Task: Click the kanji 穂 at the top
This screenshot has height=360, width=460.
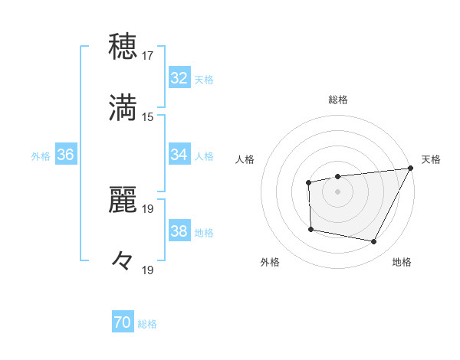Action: pyautogui.click(x=123, y=47)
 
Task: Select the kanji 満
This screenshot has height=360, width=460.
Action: pyautogui.click(x=123, y=108)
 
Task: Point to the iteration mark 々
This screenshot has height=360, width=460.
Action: pyautogui.click(x=123, y=261)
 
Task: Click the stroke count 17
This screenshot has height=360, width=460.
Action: pyautogui.click(x=148, y=55)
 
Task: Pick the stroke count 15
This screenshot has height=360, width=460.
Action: pyautogui.click(x=148, y=116)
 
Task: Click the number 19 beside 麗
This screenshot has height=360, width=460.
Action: pyautogui.click(x=148, y=208)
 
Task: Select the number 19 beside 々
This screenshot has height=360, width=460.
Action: pyautogui.click(x=148, y=270)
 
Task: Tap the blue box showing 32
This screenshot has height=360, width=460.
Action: pyautogui.click(x=179, y=78)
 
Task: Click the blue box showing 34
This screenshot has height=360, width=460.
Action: pyautogui.click(x=179, y=155)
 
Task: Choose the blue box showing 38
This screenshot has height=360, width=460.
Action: pyautogui.click(x=179, y=231)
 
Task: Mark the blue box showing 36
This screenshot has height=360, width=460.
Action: pyautogui.click(x=65, y=155)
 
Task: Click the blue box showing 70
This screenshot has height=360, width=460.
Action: pyautogui.click(x=123, y=323)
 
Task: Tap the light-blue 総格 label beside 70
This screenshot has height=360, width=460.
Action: pyautogui.click(x=147, y=325)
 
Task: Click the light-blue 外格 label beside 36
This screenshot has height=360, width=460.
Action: pyautogui.click(x=41, y=156)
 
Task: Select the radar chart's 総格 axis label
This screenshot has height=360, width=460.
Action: pyautogui.click(x=337, y=100)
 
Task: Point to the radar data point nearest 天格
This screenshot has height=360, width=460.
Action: pyautogui.click(x=410, y=168)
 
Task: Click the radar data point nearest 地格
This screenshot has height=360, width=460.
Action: pyautogui.click(x=374, y=242)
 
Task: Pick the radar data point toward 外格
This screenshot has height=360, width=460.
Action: pyautogui.click(x=310, y=229)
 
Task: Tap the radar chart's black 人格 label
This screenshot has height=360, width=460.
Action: pyautogui.click(x=245, y=159)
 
